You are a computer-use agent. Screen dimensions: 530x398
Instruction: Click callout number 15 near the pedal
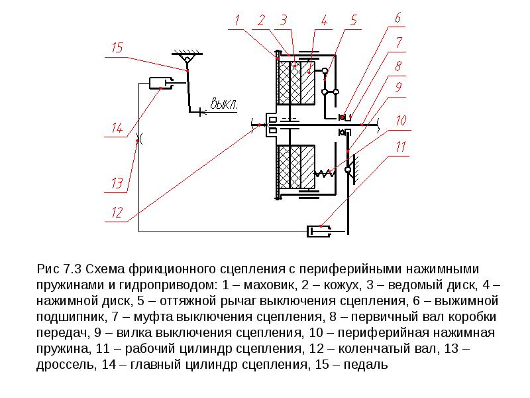117,48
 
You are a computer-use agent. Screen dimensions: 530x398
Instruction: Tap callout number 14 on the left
117,128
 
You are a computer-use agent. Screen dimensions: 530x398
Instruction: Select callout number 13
117,184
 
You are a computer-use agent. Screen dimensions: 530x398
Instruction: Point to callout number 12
117,212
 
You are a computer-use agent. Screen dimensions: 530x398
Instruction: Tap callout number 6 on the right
398,17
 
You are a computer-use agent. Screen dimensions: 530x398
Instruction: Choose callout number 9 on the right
399,87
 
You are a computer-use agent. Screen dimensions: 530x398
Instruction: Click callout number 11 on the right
400,147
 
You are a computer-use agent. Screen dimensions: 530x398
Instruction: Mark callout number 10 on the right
401,120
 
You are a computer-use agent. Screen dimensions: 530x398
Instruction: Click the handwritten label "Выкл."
223,103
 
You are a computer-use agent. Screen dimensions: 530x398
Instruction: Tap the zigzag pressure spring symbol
325,173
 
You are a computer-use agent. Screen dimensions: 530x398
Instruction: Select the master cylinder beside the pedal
161,83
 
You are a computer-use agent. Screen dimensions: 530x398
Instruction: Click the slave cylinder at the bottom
319,232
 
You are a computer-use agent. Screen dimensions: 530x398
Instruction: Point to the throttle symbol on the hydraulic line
138,139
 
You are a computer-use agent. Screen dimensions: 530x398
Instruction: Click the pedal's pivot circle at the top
187,60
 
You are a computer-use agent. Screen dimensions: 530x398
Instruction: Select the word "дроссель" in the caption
64,364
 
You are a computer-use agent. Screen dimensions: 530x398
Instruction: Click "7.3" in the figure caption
72,269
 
